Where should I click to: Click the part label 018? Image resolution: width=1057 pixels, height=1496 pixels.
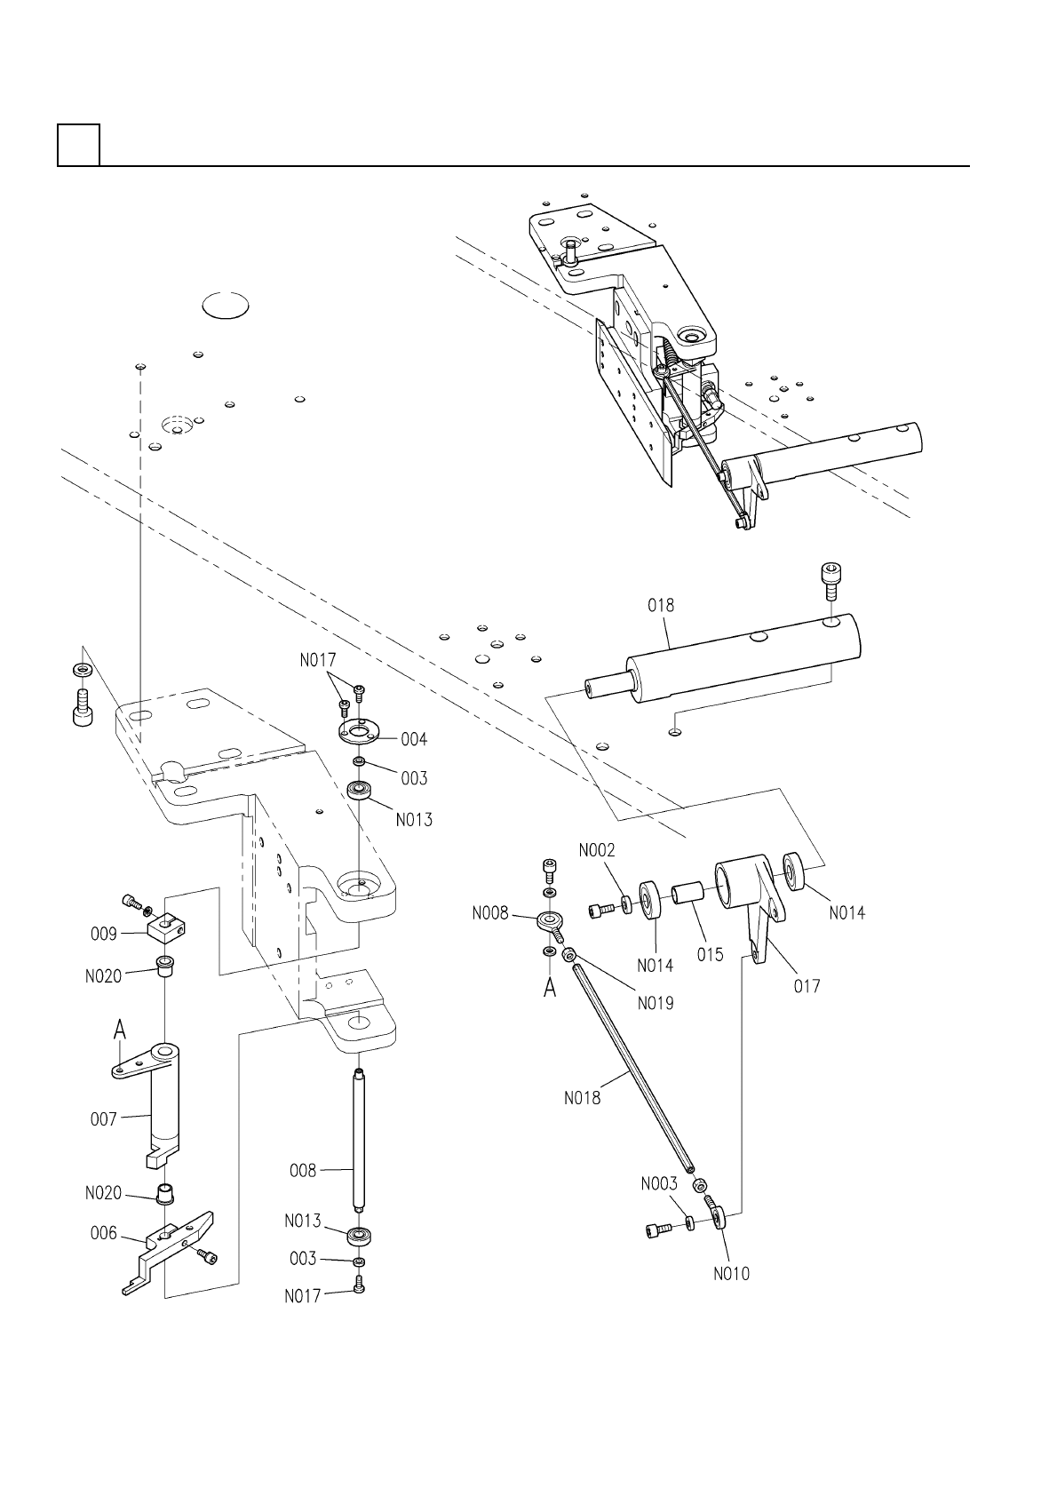(x=660, y=605)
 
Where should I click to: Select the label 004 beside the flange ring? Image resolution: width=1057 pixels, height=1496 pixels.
(x=414, y=739)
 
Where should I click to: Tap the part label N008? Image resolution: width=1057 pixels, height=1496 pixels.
(x=490, y=913)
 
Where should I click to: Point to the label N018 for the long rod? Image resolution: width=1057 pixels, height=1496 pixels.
(x=583, y=1098)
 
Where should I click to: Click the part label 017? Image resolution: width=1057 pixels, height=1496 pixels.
(x=807, y=986)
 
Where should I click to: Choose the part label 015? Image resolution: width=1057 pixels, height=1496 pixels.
(x=710, y=955)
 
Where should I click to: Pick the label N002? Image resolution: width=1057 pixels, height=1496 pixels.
(x=596, y=850)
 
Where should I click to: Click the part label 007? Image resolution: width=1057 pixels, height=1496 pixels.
(x=104, y=1118)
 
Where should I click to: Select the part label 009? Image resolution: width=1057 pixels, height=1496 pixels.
(x=104, y=934)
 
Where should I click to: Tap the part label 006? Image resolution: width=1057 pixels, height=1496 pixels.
(x=104, y=1233)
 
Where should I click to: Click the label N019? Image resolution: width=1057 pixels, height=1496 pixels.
(x=656, y=1003)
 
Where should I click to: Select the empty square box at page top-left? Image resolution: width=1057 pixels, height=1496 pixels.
(x=79, y=145)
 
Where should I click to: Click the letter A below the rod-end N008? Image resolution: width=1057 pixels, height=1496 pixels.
(x=550, y=988)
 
